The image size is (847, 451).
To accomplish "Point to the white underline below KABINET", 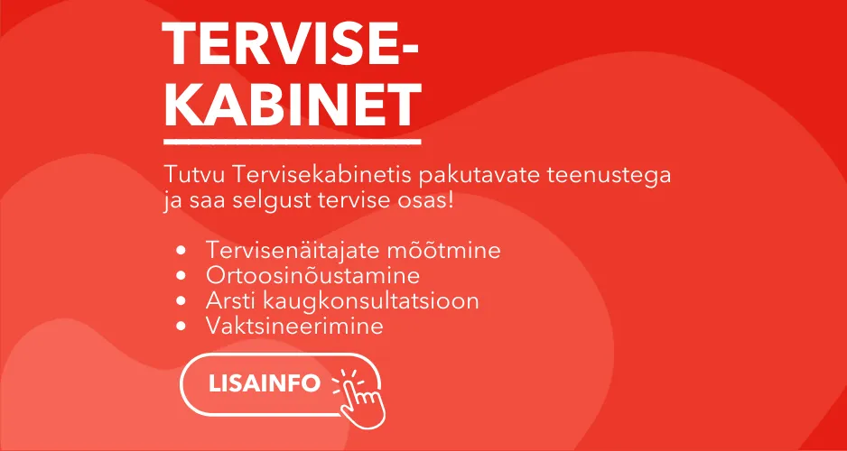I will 293,142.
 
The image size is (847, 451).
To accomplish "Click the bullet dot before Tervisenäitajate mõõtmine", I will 182,251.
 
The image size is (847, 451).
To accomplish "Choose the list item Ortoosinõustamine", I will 312,275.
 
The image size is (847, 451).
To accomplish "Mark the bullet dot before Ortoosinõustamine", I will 182,276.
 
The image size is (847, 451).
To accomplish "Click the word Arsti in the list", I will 229,300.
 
